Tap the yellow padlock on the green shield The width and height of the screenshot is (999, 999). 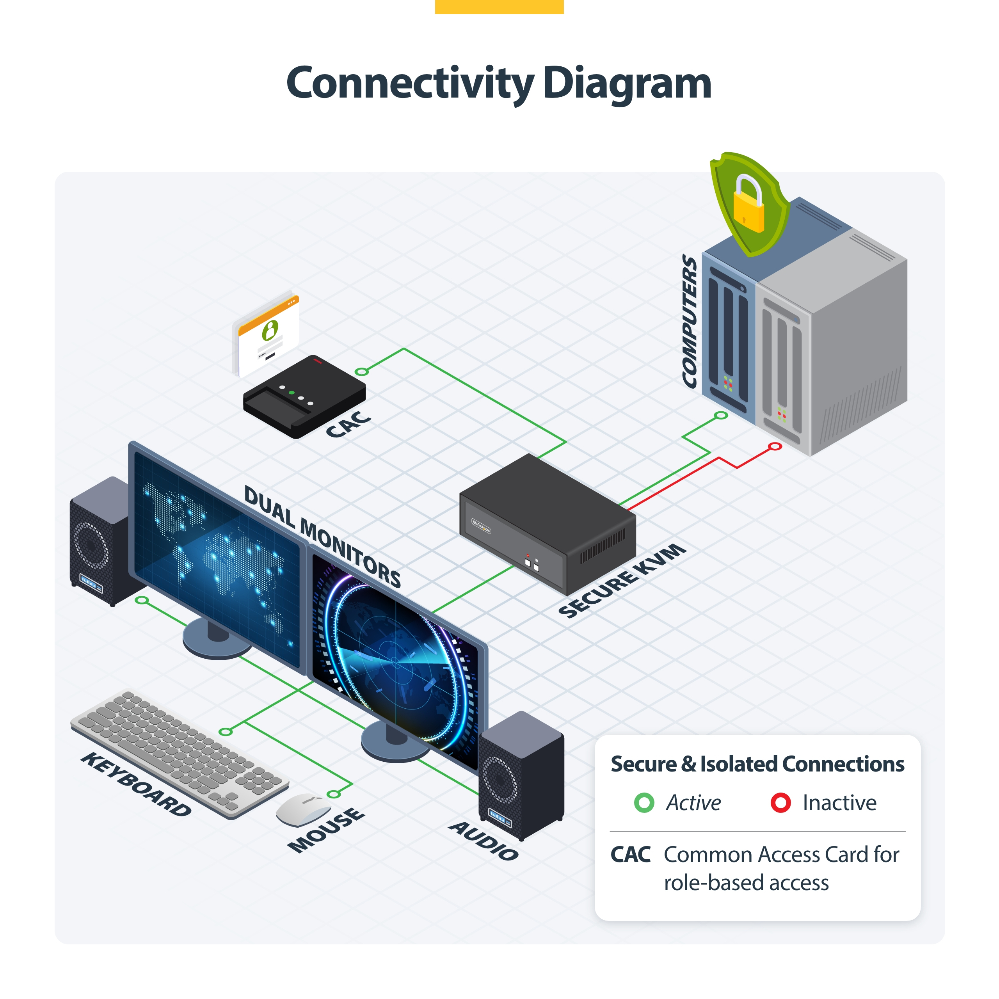pyautogui.click(x=748, y=205)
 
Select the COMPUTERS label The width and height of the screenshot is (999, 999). pyautogui.click(x=689, y=321)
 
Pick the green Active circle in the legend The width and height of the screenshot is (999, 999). pyautogui.click(x=644, y=802)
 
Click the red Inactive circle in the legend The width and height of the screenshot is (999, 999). pyautogui.click(x=780, y=802)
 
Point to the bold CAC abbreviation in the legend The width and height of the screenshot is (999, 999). pyautogui.click(x=630, y=855)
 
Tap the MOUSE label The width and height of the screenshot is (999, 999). pyautogui.click(x=326, y=830)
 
